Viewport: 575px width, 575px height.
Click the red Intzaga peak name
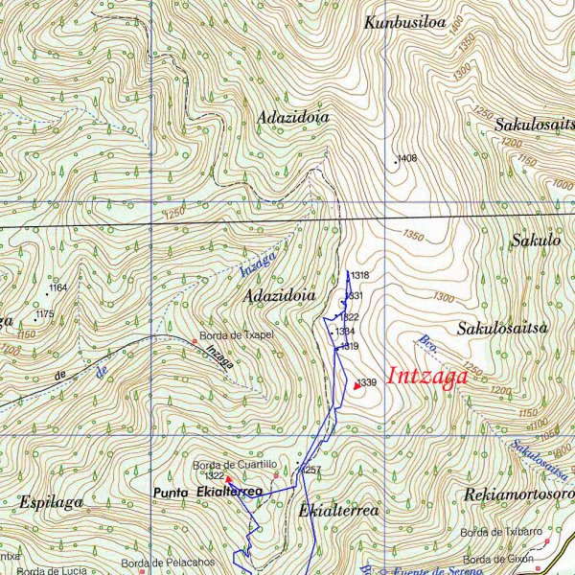point(426,376)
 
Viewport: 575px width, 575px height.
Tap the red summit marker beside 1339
point(357,386)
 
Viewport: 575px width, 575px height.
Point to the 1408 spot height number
point(407,158)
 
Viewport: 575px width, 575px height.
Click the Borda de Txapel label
point(237,336)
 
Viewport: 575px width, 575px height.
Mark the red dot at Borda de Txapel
point(195,339)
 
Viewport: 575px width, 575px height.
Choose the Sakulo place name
point(535,241)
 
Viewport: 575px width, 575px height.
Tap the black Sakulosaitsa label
point(501,329)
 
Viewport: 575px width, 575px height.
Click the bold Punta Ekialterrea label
point(207,492)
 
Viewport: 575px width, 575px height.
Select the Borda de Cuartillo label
point(235,465)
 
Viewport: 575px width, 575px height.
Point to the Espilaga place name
point(50,502)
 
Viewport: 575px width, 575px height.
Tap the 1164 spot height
point(58,287)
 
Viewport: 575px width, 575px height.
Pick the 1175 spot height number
point(44,314)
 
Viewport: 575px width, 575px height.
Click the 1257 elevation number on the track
point(311,471)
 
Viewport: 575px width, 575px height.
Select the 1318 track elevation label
point(359,276)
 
